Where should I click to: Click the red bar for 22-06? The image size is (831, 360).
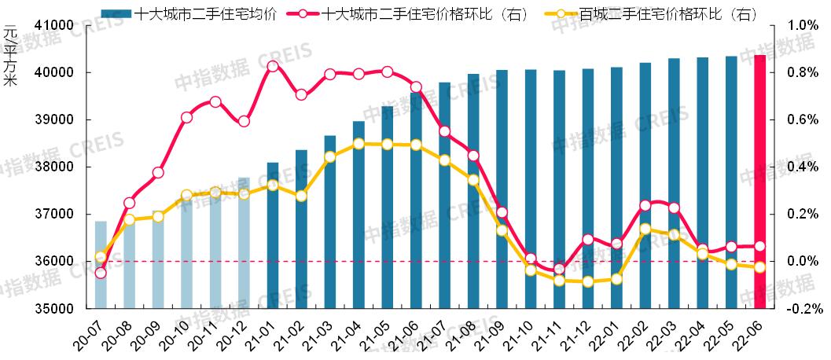759,181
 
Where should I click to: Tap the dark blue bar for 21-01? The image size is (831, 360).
273,235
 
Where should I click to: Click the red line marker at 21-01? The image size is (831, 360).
273,66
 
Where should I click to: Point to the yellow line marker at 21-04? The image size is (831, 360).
359,144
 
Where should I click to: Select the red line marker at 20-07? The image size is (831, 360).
101,273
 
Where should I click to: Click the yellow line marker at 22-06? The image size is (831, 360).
759,267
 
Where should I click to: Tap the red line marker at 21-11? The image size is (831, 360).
559,269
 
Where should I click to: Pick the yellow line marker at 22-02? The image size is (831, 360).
645,230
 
